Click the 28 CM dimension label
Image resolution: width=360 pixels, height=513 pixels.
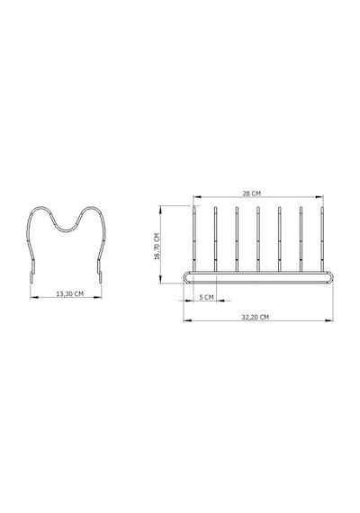tap(252, 193)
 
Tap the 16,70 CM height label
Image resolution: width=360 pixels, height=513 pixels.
tap(157, 246)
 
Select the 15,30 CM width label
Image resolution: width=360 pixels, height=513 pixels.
tap(69, 293)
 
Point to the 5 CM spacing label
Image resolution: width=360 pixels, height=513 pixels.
tap(206, 297)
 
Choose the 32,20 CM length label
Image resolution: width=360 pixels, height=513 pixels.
tap(256, 317)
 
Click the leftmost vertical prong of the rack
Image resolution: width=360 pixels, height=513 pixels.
tap(194, 238)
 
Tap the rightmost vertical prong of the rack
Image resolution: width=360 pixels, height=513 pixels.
tap(322, 238)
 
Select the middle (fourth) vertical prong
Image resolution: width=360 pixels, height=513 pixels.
tap(258, 238)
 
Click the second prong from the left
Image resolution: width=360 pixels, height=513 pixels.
tap(215, 238)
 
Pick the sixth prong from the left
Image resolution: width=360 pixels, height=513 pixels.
tap(301, 238)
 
